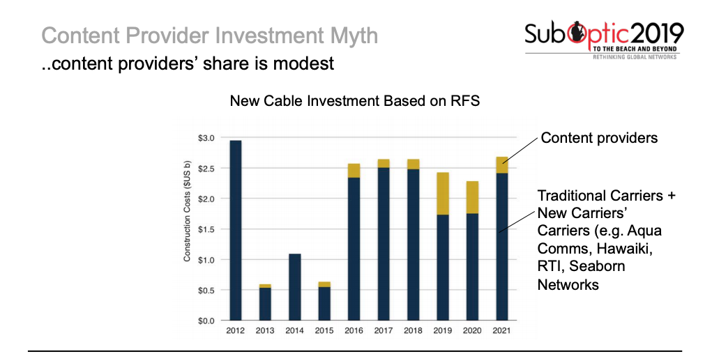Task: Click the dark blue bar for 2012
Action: coord(236,230)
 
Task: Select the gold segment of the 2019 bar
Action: coord(443,193)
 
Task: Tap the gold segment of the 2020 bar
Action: coord(472,197)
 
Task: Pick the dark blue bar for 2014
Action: coord(295,287)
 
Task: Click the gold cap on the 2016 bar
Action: coord(354,171)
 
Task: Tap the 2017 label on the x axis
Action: coord(384,331)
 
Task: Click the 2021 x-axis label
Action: coord(501,331)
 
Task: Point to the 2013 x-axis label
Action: coord(265,331)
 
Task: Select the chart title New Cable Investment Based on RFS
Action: coord(355,101)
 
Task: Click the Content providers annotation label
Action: coord(599,138)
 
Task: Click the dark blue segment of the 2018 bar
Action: coord(413,244)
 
